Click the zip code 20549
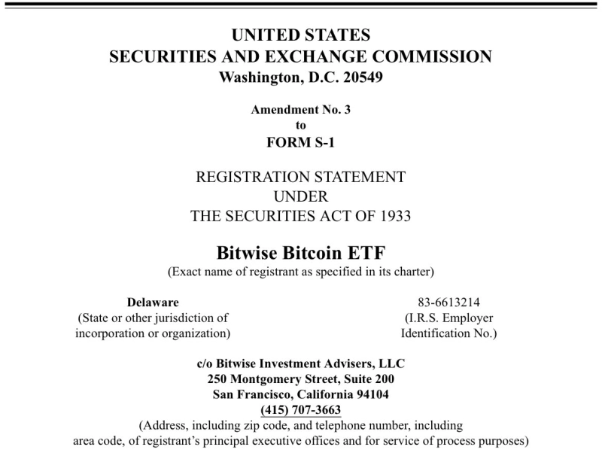tap(360, 78)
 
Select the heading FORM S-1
tap(300, 142)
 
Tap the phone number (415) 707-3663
tap(300, 410)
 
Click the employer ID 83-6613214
tap(448, 302)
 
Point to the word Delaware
tap(153, 302)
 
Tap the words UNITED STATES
tap(300, 35)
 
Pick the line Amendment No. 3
tap(300, 109)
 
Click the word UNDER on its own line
tap(300, 196)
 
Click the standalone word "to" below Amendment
tap(300, 126)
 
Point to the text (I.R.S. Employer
tap(448, 318)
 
